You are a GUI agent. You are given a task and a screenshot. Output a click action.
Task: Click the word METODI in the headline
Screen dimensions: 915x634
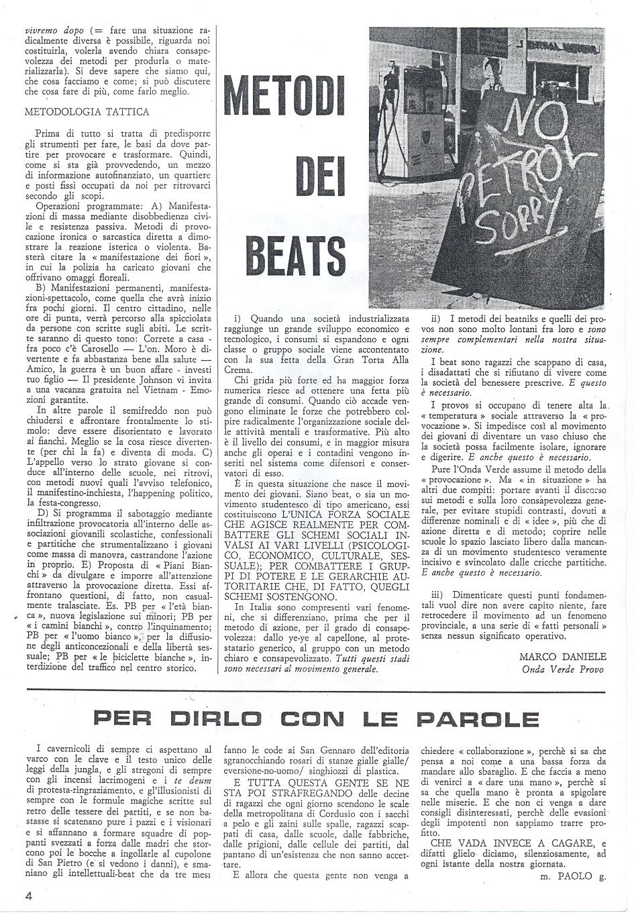point(283,96)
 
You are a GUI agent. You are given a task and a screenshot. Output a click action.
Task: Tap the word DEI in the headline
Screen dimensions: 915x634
point(319,176)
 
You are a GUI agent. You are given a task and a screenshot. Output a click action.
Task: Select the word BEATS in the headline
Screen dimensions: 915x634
point(296,255)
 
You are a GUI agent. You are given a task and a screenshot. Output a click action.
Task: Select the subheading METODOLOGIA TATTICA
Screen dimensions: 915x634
point(87,112)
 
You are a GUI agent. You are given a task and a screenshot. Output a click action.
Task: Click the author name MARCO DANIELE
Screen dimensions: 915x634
point(562,657)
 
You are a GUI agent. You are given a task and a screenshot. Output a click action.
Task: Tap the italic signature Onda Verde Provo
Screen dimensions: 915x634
point(564,669)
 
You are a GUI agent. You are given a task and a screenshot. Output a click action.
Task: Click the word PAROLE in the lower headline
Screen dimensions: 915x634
point(477,719)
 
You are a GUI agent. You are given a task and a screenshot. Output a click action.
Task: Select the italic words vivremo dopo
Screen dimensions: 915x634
point(43,30)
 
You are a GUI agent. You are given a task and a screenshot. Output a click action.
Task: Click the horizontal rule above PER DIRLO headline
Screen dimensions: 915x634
point(315,690)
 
